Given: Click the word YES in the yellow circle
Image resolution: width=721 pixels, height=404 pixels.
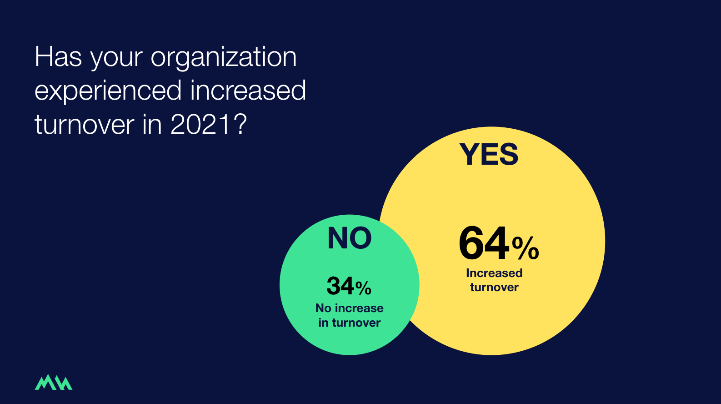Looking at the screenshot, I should tap(489, 154).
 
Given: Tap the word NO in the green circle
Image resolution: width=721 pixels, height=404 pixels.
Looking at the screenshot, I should tap(350, 238).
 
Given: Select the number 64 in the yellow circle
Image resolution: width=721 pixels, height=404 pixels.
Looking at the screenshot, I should tap(484, 243).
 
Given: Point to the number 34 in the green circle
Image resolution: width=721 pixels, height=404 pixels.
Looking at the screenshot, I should tap(340, 286).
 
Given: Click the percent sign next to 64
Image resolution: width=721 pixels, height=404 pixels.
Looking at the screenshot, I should tap(526, 248).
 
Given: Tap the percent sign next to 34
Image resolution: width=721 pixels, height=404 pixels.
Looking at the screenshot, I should tap(363, 288).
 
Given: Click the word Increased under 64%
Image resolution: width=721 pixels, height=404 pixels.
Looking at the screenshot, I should tap(494, 273).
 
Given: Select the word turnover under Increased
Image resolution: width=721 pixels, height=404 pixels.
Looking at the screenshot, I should tap(494, 287).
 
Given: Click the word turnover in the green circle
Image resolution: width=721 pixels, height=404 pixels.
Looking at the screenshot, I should tap(356, 323).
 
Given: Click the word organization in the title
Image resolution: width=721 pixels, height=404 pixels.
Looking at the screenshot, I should tap(224, 57).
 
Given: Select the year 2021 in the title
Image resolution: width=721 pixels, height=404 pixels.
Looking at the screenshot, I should tap(200, 124).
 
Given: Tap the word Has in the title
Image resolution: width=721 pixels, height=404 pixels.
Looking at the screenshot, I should tap(58, 57).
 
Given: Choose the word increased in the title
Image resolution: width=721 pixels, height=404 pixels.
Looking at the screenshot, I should tap(248, 91).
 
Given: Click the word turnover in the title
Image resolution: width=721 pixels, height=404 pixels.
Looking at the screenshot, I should tap(85, 124).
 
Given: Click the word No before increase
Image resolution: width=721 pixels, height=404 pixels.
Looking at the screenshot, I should tap(323, 308).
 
